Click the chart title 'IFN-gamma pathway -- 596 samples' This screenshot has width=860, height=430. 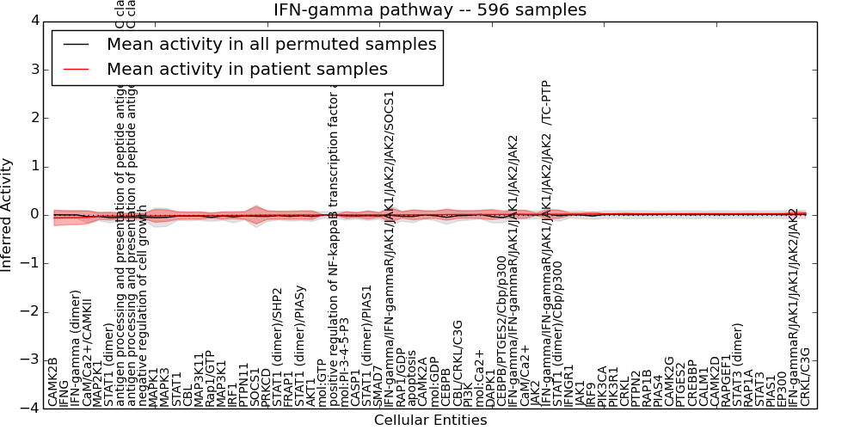[430, 9]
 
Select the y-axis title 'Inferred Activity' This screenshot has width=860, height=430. [7, 214]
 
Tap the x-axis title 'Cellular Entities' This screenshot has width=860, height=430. [430, 421]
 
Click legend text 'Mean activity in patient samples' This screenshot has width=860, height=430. [247, 69]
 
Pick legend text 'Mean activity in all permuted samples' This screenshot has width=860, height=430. [271, 44]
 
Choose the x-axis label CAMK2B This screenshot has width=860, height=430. [53, 382]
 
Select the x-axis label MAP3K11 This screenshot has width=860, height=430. [199, 378]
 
